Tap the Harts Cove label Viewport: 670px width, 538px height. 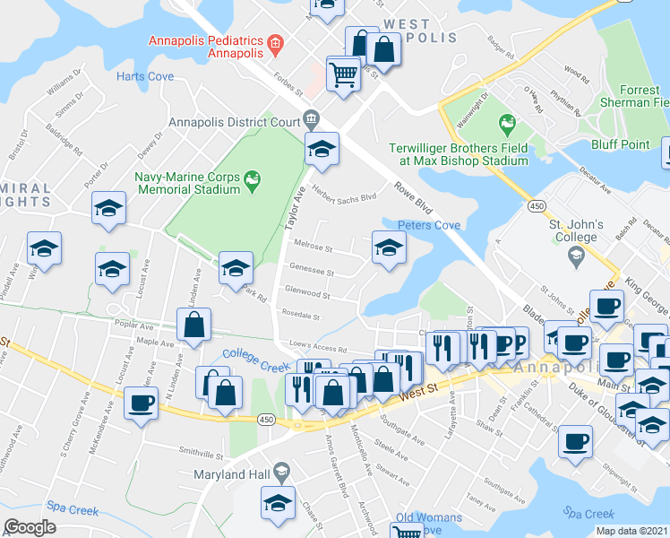tap(144, 77)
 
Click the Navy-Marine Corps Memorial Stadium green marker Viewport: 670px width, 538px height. tap(252, 178)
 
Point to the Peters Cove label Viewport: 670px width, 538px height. tap(428, 225)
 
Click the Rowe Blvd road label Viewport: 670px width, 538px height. tap(413, 199)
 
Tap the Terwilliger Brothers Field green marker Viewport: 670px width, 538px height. tap(508, 122)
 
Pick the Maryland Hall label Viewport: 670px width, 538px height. tap(232, 473)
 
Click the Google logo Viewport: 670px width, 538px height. tap(30, 527)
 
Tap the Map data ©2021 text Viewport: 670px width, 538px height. tap(631, 531)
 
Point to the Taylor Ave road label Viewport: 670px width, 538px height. tap(296, 211)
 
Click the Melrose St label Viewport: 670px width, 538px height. tap(314, 245)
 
